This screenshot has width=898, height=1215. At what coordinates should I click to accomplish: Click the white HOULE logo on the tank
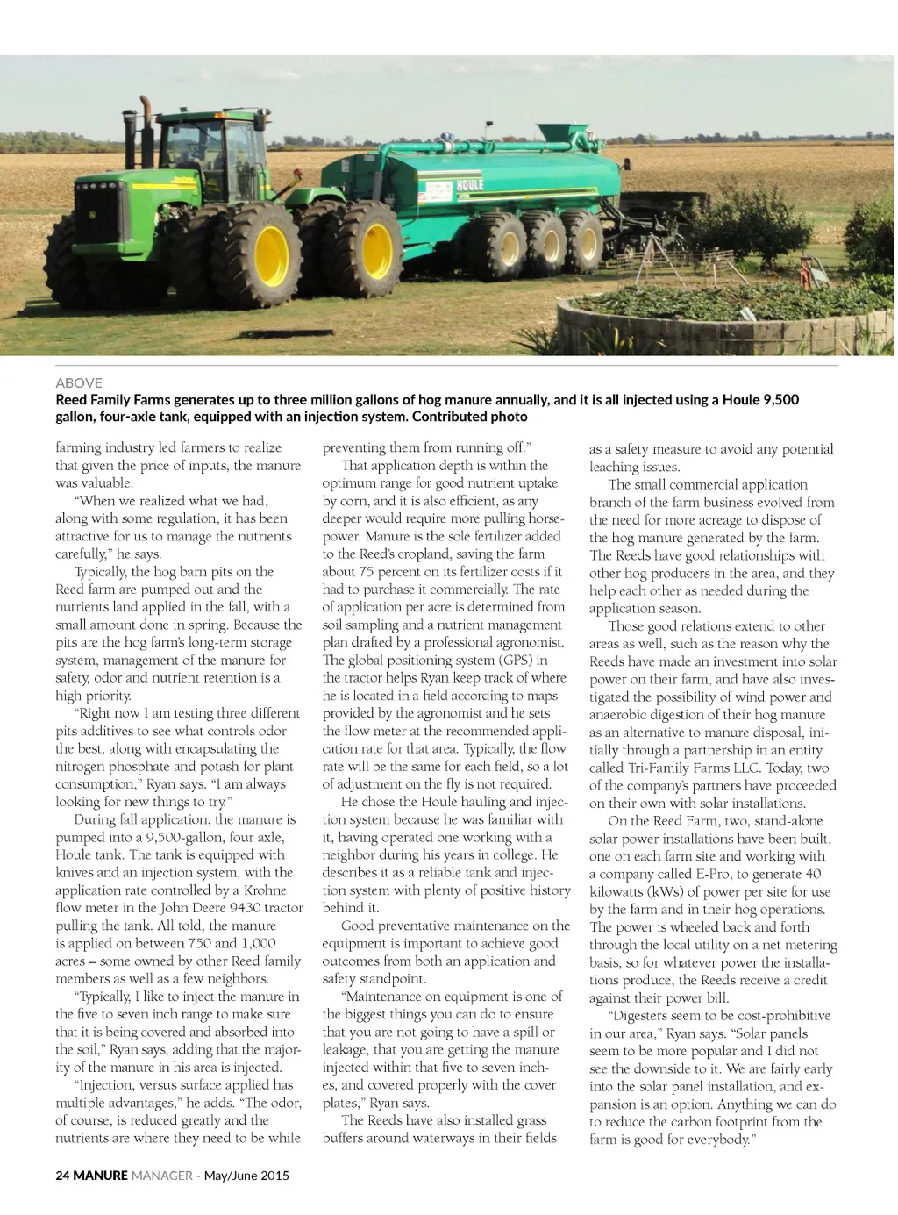click(x=469, y=185)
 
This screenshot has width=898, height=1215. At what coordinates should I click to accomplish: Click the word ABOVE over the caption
click(x=79, y=382)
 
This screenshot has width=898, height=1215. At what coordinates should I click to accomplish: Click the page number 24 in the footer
click(x=62, y=1176)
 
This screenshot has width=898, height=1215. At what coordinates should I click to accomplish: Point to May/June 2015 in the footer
click(x=246, y=1176)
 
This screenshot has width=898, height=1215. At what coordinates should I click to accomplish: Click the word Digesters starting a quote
click(x=647, y=1015)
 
